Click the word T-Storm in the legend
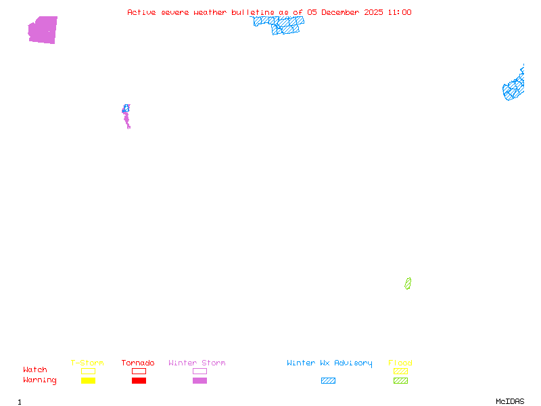pos(87,363)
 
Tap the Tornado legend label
pos(138,363)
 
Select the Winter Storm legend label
pos(197,363)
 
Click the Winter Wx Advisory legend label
pos(329,363)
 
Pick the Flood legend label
pos(400,363)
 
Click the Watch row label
pos(35,370)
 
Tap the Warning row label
pos(40,380)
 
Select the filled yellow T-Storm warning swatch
pos(88,381)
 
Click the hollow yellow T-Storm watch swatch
pos(88,371)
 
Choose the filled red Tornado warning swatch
pos(139,381)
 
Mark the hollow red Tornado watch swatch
pos(139,371)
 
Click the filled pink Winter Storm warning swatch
pos(199,381)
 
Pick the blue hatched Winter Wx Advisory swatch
pos(328,381)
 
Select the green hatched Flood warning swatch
pos(400,381)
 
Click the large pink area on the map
pos(43,30)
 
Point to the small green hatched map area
pos(408,284)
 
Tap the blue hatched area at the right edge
pos(514,89)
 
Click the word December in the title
pos(342,12)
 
